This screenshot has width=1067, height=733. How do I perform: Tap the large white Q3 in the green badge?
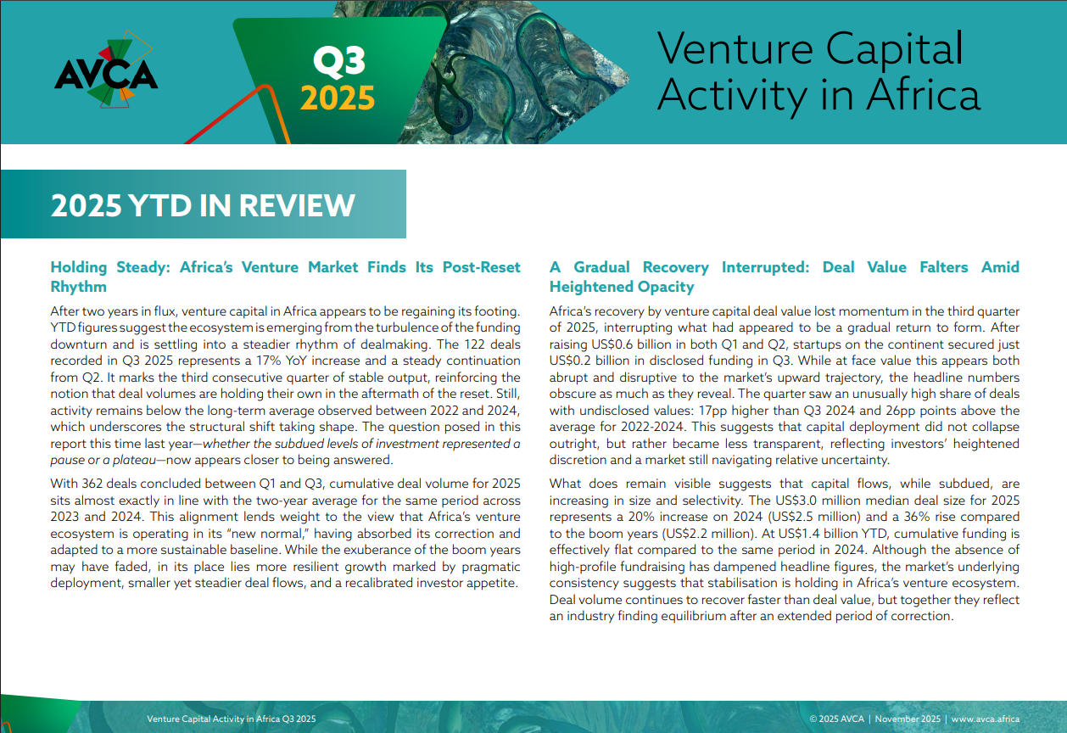tap(338, 62)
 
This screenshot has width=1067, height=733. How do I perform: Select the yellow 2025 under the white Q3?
tap(337, 98)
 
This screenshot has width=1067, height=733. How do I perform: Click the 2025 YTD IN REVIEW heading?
tap(203, 205)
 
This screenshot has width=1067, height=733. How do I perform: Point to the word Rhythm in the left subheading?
tap(78, 287)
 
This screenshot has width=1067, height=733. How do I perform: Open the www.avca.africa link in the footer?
tap(986, 719)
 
